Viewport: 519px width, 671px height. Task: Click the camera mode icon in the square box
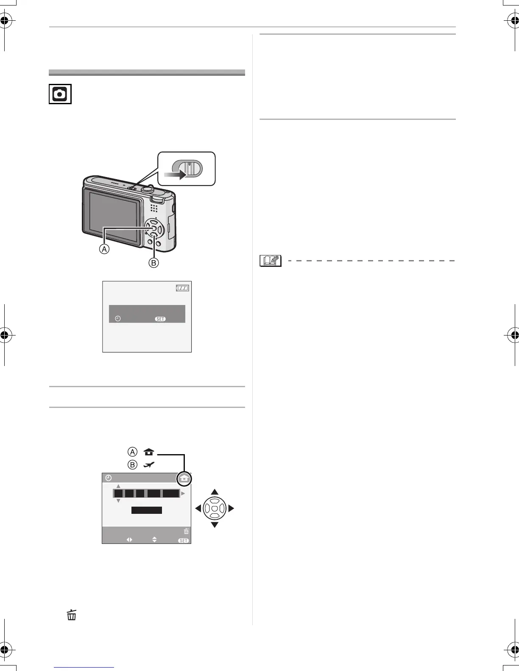point(60,94)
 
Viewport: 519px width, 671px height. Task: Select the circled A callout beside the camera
point(104,249)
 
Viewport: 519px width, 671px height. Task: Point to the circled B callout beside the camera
point(153,263)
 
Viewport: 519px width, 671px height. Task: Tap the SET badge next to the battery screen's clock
point(160,319)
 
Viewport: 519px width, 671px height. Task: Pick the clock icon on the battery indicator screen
point(118,319)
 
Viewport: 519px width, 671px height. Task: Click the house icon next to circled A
point(148,452)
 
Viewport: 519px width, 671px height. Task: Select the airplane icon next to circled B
point(148,465)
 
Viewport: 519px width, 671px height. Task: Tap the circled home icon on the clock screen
point(184,479)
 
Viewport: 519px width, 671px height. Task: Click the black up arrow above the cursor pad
point(215,492)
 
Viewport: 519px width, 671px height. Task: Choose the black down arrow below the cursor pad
point(215,525)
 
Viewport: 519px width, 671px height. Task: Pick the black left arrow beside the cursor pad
point(198,508)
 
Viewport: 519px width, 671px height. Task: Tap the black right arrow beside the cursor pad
point(231,508)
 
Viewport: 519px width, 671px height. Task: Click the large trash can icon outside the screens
point(72,615)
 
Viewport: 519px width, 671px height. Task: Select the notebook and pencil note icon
point(270,261)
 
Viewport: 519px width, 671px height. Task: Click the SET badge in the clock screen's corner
point(184,541)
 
